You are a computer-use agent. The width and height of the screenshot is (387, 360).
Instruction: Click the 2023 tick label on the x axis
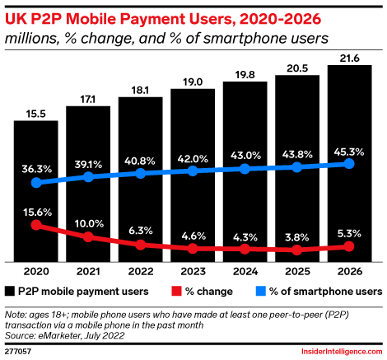[x=193, y=270]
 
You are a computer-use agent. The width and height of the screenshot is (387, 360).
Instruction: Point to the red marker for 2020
[x=35, y=224]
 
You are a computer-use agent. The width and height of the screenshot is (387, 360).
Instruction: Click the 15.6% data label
[x=35, y=211]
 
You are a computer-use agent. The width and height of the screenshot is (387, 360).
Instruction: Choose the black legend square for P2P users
[x=9, y=291]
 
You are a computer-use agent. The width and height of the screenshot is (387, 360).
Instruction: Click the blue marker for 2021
[x=88, y=177]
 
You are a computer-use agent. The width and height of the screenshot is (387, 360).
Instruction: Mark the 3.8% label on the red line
[x=297, y=236]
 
